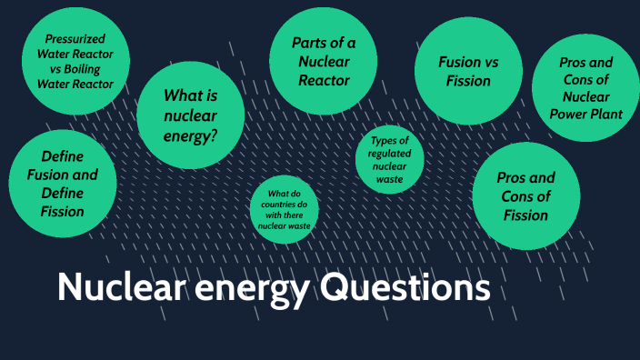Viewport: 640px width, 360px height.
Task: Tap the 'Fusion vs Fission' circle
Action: point(468,71)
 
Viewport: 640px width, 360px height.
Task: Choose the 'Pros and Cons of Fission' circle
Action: point(526,196)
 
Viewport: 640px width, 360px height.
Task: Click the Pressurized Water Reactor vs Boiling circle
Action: point(75,61)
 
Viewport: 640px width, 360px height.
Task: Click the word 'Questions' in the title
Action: point(405,288)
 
